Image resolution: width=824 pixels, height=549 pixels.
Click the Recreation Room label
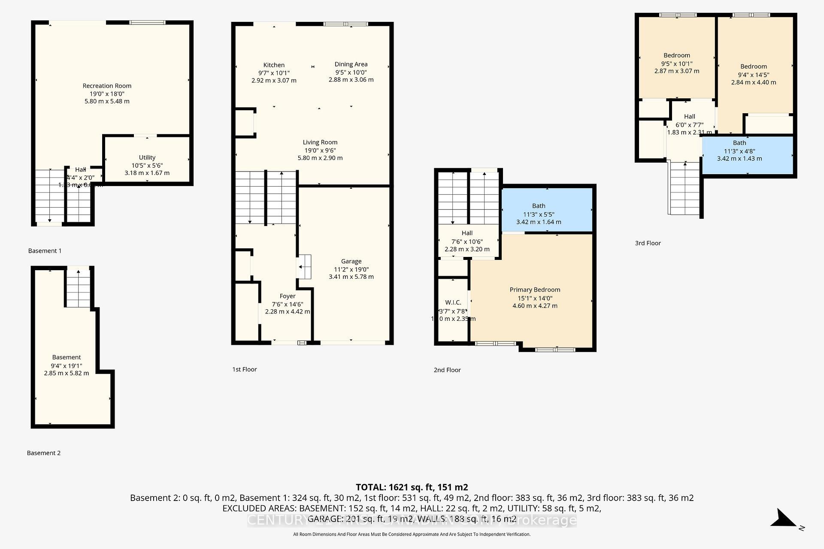[107, 86]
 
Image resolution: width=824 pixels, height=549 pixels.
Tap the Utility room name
[147, 157]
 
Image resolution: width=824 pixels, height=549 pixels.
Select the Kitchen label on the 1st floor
[274, 65]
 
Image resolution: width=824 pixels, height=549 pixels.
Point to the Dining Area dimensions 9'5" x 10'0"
[351, 72]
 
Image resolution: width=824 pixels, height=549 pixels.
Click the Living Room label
[320, 142]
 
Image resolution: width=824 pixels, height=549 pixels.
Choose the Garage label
[351, 261]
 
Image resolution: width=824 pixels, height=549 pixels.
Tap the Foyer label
[287, 296]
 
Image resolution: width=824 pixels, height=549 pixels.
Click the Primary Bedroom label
[535, 290]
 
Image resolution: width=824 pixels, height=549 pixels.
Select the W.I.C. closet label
[453, 303]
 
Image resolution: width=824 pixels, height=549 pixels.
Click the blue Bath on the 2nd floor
[547, 210]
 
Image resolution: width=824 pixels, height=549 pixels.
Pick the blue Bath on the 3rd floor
[747, 154]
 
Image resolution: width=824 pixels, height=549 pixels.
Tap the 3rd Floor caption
[648, 243]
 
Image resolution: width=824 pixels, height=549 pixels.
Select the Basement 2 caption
[44, 453]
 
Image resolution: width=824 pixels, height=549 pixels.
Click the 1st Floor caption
[245, 369]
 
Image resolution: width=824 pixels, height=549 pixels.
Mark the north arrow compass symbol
[785, 519]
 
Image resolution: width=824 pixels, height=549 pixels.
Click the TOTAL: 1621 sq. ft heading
[412, 487]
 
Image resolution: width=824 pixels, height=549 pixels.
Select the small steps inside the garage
[305, 267]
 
